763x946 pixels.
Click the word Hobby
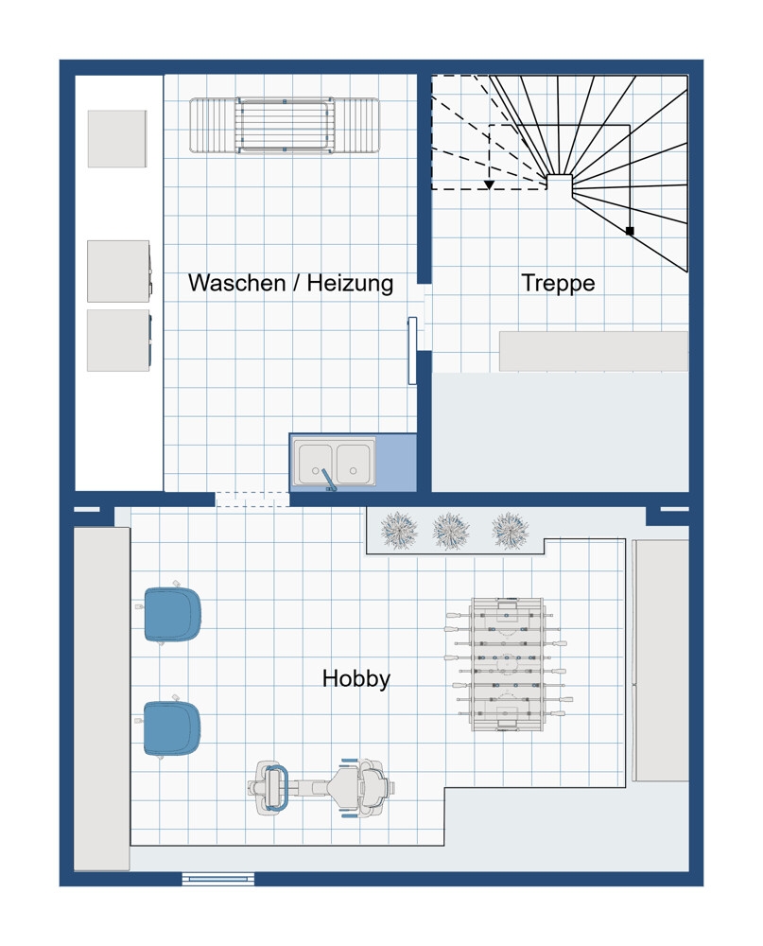(x=355, y=678)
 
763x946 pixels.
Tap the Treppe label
(x=558, y=283)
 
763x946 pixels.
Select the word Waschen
(x=236, y=282)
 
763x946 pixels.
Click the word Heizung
(x=350, y=283)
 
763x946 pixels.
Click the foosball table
(x=509, y=664)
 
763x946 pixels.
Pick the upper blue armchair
(x=172, y=614)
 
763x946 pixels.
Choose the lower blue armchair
(x=172, y=727)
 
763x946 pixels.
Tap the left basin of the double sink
(x=315, y=463)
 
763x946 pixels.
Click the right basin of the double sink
(x=354, y=463)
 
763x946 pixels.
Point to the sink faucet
(x=327, y=480)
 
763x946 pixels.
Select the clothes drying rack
(x=285, y=126)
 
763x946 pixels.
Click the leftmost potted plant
(x=399, y=531)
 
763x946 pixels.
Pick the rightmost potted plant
(x=511, y=531)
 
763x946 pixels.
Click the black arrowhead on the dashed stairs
(x=489, y=184)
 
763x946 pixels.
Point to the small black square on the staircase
(x=630, y=231)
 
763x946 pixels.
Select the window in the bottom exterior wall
(x=218, y=880)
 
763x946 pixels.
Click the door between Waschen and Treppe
(x=412, y=351)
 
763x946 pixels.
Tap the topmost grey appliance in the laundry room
(x=117, y=139)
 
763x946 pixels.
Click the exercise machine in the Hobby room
(x=321, y=787)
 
